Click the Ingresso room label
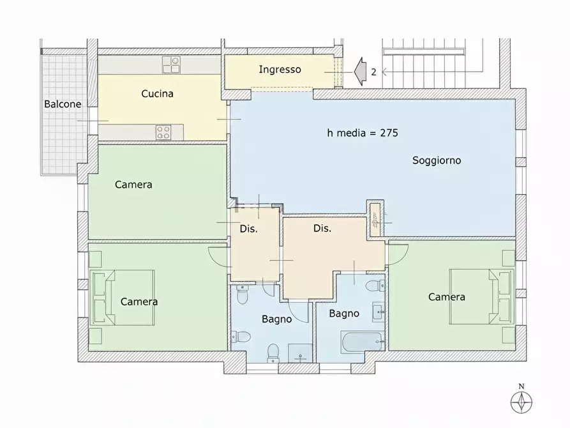[x=280, y=70]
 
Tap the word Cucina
[x=157, y=93]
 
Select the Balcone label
[x=63, y=104]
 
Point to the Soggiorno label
[x=437, y=160]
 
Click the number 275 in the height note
[x=389, y=133]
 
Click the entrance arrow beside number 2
[x=360, y=72]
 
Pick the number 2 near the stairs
[x=373, y=72]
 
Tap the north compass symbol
[x=521, y=402]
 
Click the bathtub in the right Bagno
[x=362, y=342]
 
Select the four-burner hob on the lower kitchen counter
[x=163, y=132]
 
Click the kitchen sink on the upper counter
[x=171, y=65]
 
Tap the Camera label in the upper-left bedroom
[x=133, y=185]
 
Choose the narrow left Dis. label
[x=249, y=229]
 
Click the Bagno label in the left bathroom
[x=276, y=319]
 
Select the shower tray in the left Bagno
[x=300, y=353]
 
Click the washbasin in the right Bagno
[x=379, y=312]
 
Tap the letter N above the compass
[x=521, y=386]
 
